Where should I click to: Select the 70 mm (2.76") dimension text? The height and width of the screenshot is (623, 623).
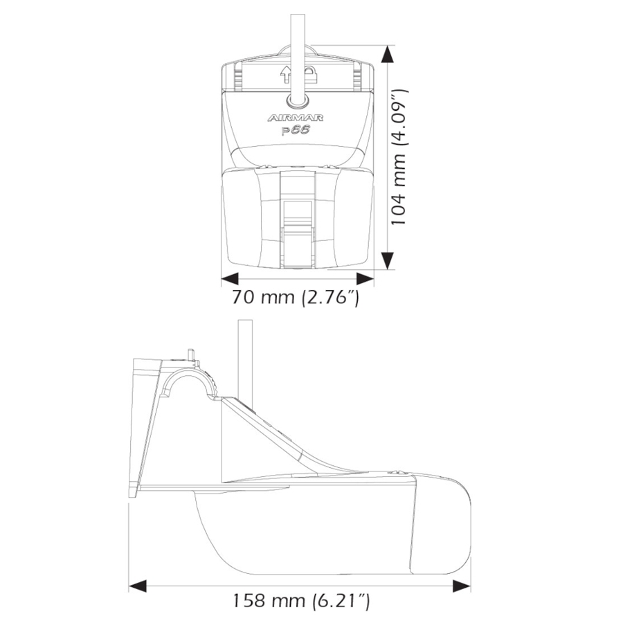click(296, 299)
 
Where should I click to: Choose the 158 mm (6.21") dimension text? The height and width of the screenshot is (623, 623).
click(300, 600)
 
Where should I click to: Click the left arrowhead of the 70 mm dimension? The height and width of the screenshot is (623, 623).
click(229, 279)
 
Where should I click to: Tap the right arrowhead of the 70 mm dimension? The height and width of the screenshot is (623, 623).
click(365, 279)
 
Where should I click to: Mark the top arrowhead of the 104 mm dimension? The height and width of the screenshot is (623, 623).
click(388, 54)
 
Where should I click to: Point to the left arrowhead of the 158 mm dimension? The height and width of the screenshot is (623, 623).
click(138, 586)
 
